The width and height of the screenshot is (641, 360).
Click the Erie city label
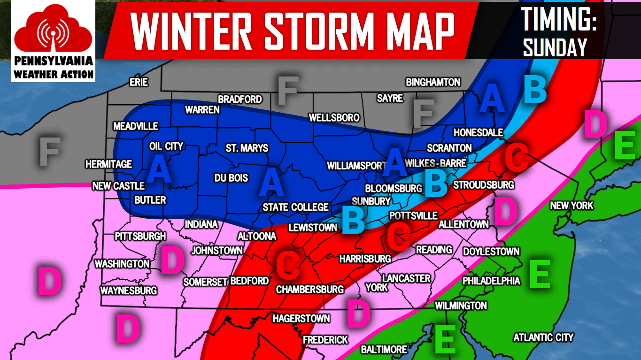click(139, 83)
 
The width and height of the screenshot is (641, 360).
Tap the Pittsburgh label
click(140, 236)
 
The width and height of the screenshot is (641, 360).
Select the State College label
click(295, 207)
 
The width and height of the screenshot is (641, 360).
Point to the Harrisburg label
click(365, 259)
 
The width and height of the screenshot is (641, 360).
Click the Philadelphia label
click(491, 281)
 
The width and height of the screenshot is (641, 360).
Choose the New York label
click(571, 206)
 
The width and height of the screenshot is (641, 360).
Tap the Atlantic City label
click(543, 337)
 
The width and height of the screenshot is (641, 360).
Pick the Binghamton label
click(433, 82)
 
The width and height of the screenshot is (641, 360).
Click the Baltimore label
click(384, 350)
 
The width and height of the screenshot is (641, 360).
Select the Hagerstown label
click(301, 319)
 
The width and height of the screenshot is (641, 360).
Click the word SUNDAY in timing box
click(555, 47)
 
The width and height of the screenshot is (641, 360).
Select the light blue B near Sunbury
click(353, 220)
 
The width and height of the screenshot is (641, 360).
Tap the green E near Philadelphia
click(539, 275)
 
